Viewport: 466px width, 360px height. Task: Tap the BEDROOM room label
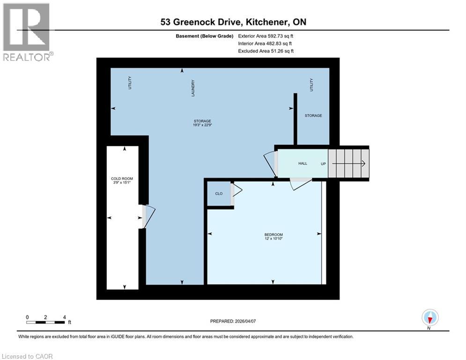[274, 234]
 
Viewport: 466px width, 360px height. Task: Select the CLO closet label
[219, 194]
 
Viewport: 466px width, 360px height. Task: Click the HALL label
[303, 164]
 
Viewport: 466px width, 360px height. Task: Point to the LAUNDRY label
[193, 88]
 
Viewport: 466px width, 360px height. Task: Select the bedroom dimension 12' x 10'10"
[274, 239]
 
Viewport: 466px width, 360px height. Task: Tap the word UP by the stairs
[323, 164]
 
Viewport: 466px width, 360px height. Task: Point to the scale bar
[45, 322]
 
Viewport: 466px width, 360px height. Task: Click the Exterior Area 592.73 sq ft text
[266, 36]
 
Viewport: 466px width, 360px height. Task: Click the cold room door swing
[149, 217]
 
